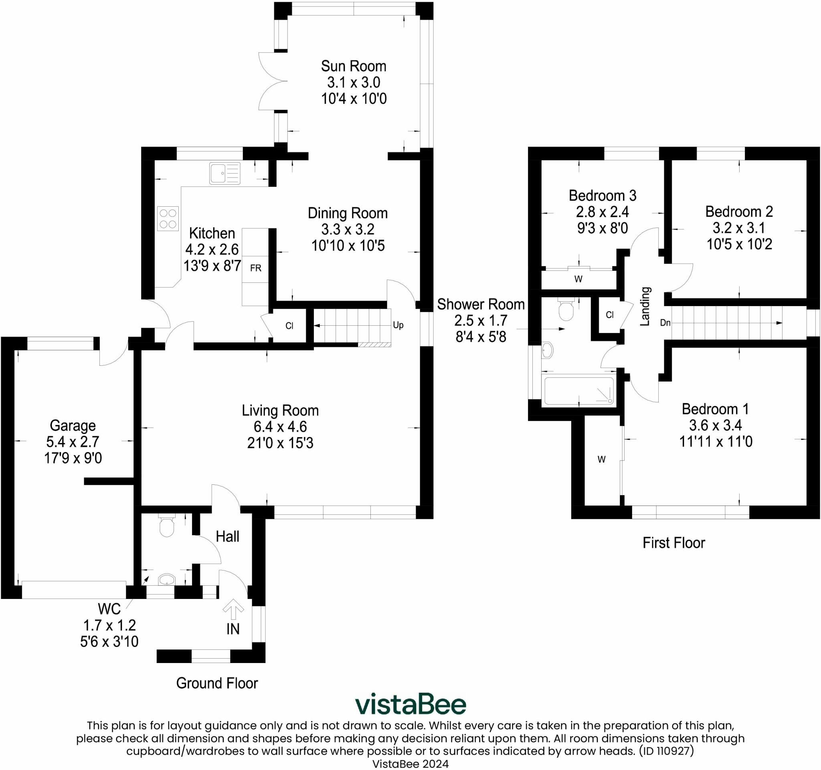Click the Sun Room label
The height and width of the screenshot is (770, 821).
354,66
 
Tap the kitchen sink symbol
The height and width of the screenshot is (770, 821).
224,173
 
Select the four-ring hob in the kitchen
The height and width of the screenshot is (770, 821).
168,219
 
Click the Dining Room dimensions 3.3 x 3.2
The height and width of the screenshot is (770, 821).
348,230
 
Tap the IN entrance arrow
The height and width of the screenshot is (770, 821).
233,609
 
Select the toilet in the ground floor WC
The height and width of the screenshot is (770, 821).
167,526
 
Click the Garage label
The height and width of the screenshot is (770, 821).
73,425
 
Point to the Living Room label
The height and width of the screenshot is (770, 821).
280,411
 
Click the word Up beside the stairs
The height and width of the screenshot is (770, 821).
398,325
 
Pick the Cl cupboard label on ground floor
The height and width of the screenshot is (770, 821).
289,326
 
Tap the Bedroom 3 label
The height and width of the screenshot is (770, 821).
603,195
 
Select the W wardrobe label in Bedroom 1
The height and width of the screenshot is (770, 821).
602,459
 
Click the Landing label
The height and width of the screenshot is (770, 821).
645,306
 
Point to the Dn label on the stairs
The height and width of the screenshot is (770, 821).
665,323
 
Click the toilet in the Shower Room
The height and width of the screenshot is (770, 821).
566,310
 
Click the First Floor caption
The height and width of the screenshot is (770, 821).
673,542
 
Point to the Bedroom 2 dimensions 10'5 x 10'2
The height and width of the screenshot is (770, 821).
739,244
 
